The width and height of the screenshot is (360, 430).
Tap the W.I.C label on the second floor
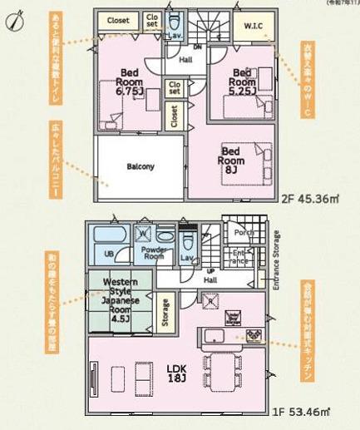(253, 26)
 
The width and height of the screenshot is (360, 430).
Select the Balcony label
(141, 166)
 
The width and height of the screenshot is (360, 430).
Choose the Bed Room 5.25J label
(242, 78)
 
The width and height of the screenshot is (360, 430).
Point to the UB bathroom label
(108, 255)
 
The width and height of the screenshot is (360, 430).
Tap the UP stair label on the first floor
(210, 271)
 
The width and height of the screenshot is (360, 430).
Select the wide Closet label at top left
(118, 20)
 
